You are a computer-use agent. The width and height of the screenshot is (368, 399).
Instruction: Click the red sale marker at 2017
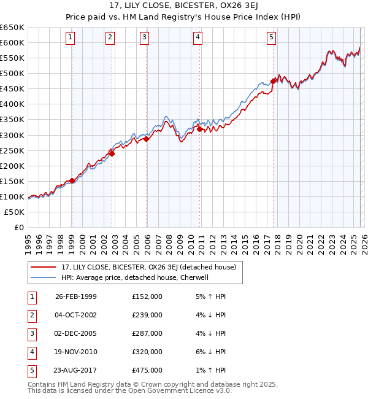[273, 80]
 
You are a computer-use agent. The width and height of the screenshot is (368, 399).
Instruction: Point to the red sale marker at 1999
[72, 180]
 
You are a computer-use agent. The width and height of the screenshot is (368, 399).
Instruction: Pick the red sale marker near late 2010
[200, 129]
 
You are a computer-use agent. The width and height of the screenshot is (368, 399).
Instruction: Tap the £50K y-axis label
[15, 212]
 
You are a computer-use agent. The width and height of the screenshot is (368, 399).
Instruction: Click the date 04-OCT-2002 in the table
[76, 315]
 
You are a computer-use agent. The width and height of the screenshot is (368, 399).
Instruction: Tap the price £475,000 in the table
[147, 370]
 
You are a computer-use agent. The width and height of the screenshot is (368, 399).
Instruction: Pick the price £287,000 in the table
[147, 333]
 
